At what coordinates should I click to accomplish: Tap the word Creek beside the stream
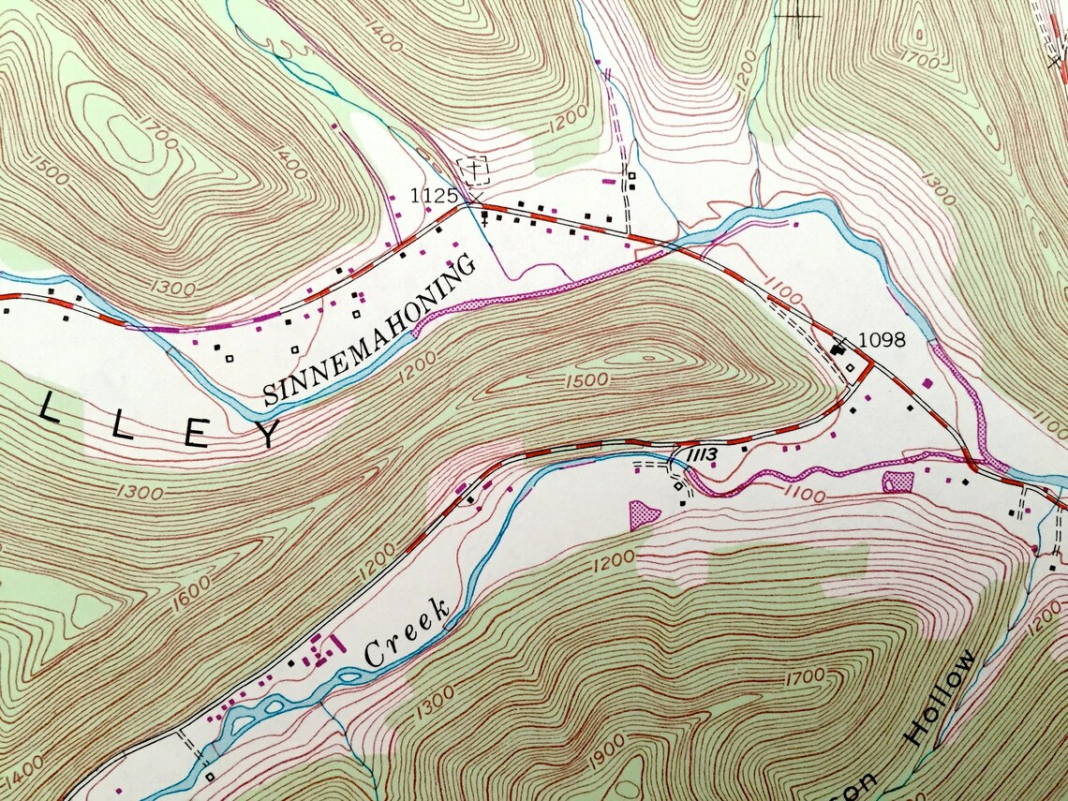click(x=407, y=636)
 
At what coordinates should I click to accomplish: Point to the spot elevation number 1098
click(x=882, y=339)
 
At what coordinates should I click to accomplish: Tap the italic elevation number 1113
click(x=702, y=454)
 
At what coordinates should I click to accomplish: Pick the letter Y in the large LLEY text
click(x=265, y=434)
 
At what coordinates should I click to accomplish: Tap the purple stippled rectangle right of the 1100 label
click(x=897, y=482)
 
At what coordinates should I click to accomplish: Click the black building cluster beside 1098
click(x=837, y=349)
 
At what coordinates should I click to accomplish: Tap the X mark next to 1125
click(x=475, y=199)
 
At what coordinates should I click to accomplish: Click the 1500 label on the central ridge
click(x=586, y=379)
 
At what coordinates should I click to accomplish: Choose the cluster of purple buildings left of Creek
click(x=323, y=648)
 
